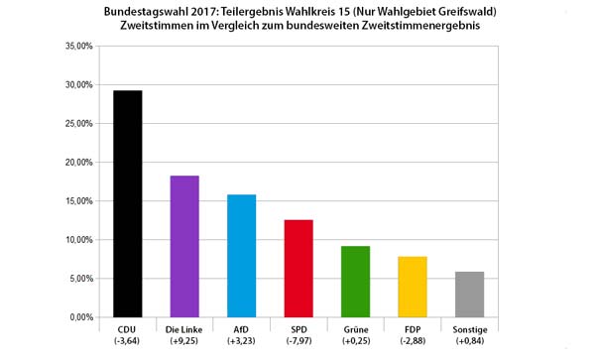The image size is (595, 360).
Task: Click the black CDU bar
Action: (127, 203)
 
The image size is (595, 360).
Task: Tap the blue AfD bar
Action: (242, 256)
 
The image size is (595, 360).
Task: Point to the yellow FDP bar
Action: (413, 287)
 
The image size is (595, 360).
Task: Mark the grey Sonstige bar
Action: (470, 295)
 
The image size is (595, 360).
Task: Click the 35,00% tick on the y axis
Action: (77, 47)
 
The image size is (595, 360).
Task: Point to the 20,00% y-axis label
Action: (77, 163)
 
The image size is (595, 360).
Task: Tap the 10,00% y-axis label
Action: (77, 240)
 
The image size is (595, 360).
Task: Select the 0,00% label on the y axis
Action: (79, 317)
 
